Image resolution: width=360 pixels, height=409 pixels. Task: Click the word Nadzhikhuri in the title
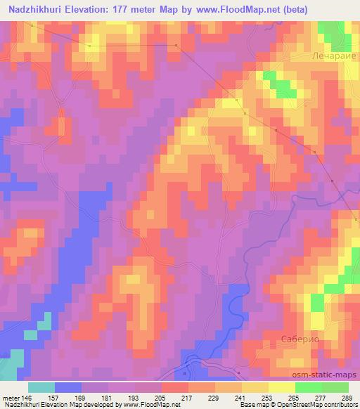point(32,8)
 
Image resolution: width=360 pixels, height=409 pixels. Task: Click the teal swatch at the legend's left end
point(41,387)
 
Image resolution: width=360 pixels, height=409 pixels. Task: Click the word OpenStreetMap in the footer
point(316,405)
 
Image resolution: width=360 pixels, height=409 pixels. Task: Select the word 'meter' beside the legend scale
point(10,398)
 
